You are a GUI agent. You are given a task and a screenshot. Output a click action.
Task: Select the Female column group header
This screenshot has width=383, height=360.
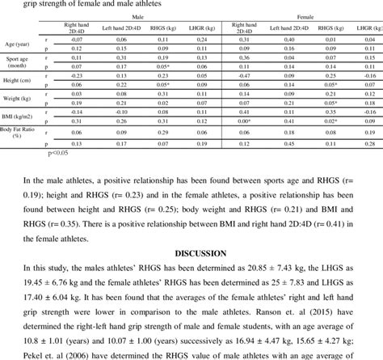point(305,15)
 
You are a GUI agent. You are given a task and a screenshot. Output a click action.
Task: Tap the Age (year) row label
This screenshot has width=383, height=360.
point(17,44)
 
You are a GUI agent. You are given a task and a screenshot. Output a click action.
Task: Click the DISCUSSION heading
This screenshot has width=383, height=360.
point(191,252)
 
